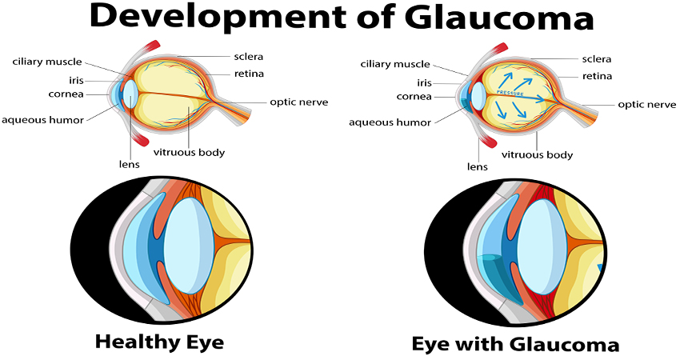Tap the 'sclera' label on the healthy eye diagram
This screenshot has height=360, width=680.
[248, 58]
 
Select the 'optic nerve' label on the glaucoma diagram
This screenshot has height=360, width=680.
[647, 105]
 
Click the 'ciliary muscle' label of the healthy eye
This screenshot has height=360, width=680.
[46, 62]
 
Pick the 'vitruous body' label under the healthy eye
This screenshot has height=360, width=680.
[190, 152]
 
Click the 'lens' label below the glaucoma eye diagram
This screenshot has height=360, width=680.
[478, 166]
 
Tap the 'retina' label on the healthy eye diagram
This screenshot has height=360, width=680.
[248, 74]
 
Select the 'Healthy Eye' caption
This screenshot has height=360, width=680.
[159, 342]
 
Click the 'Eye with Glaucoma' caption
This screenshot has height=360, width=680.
[515, 345]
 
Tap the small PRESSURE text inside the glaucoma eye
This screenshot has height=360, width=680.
[510, 94]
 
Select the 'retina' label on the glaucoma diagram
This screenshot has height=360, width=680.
[596, 76]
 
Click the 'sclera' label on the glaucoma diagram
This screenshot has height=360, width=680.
[596, 58]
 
